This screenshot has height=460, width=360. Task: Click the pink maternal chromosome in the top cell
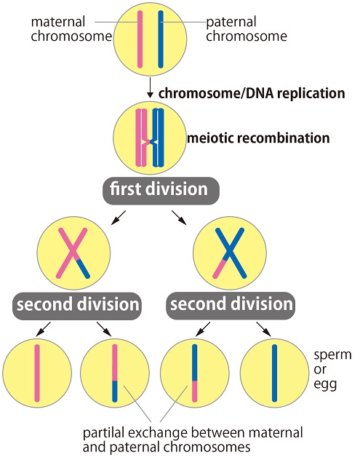point(140,39)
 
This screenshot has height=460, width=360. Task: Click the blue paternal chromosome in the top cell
point(160,39)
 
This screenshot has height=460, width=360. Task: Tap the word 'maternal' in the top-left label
point(58,22)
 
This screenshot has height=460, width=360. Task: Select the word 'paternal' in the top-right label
point(231,23)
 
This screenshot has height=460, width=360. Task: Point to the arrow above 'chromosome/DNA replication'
point(150,87)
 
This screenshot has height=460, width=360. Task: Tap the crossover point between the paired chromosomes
point(150,142)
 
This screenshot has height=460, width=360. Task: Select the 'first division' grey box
point(161,190)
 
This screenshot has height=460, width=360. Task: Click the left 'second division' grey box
point(77,306)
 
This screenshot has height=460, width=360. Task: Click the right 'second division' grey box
point(231,306)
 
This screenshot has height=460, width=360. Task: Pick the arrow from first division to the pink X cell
point(118,218)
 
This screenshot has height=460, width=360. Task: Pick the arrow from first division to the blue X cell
point(179,218)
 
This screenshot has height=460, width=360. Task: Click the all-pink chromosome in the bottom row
point(37,373)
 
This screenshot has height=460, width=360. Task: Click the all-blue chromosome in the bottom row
point(274,373)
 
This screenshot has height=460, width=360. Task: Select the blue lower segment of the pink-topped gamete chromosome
point(115,391)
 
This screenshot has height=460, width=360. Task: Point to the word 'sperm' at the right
point(333,356)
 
